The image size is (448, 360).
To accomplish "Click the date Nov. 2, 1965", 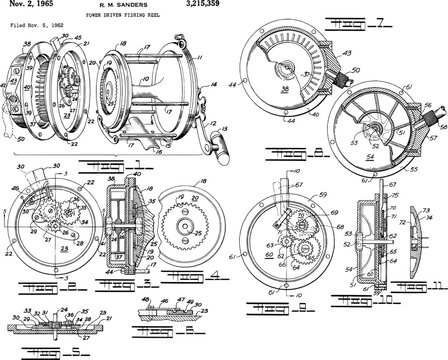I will point(24,6).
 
